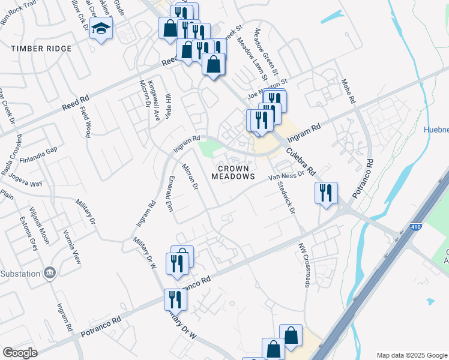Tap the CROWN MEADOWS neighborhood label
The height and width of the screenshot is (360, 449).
(x=233, y=173)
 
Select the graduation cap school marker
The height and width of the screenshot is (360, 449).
(x=101, y=29)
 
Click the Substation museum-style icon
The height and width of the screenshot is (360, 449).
(x=50, y=272)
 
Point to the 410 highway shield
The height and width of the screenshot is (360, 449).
(x=418, y=227)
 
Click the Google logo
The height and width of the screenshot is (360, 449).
(x=20, y=352)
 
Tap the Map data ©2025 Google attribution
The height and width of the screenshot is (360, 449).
(x=412, y=355)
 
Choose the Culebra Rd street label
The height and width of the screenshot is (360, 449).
(x=300, y=161)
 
